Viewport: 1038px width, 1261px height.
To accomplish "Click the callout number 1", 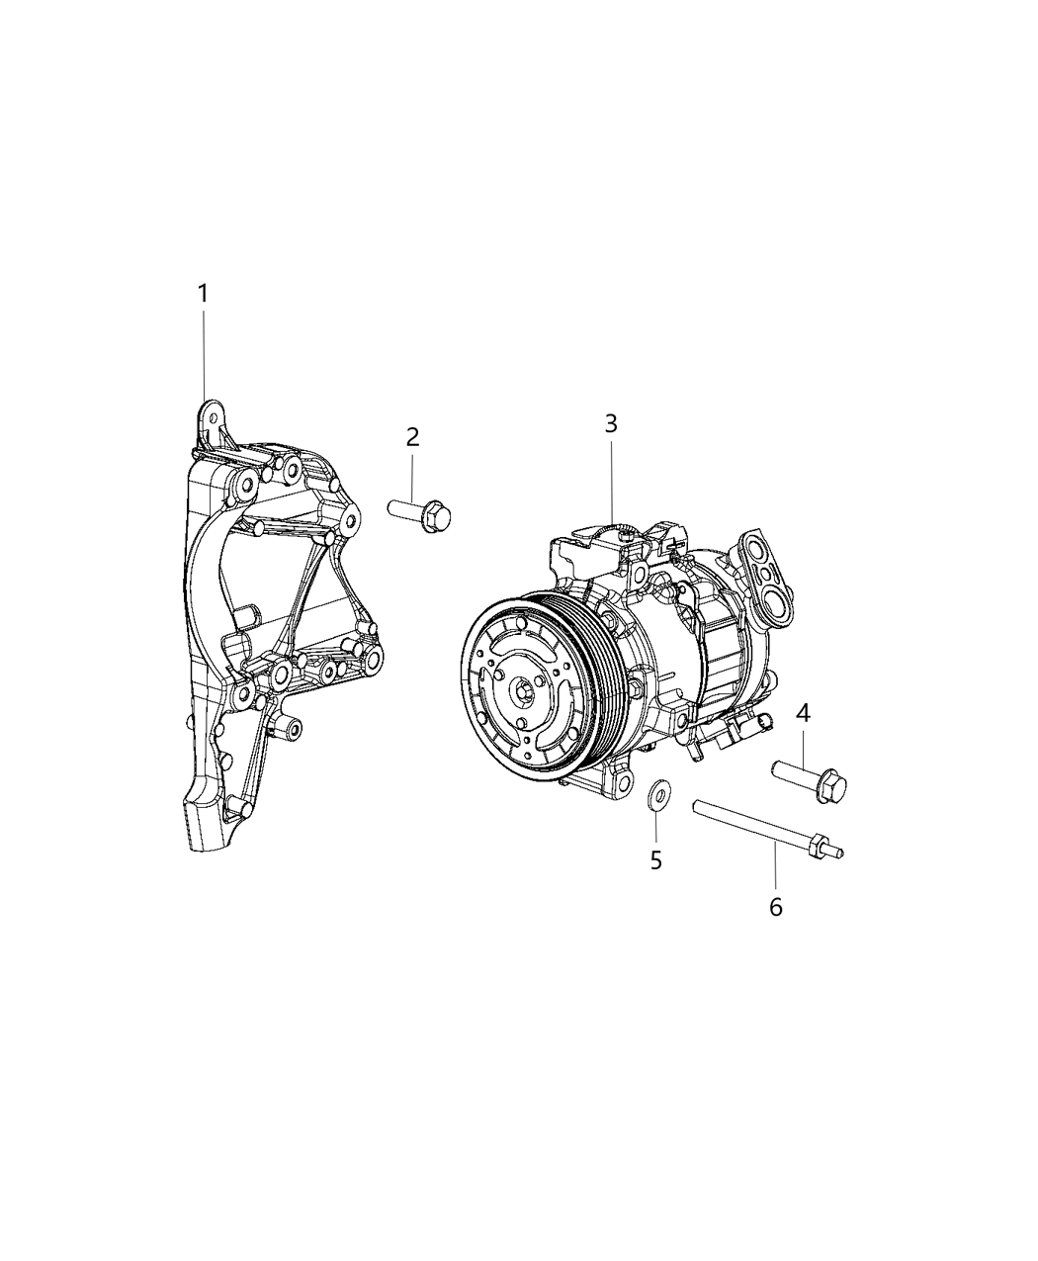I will [x=203, y=293].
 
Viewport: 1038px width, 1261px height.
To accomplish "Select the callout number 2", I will [x=412, y=436].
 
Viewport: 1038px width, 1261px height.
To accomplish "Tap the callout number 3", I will [x=611, y=423].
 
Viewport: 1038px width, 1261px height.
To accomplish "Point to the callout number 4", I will [x=804, y=711].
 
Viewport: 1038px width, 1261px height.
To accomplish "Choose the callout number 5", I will [x=656, y=859].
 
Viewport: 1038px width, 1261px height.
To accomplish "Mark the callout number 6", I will [x=775, y=906].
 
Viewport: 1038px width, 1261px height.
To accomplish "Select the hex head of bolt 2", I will [x=434, y=518].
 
